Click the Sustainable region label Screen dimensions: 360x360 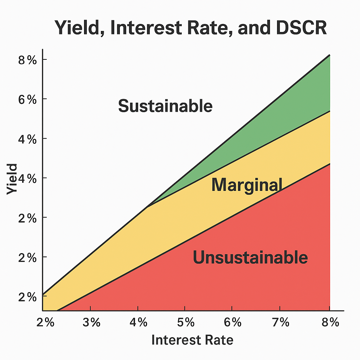coord(165,106)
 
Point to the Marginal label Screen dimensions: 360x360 coord(247,185)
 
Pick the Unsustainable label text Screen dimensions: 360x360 coord(250,258)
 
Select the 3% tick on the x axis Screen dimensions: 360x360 coord(91,322)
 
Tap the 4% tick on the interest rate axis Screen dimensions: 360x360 coord(138,322)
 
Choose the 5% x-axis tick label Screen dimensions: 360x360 coord(185,322)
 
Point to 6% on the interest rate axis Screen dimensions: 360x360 coord(232,322)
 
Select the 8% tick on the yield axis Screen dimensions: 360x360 coord(27,60)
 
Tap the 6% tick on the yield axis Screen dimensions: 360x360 coord(27,99)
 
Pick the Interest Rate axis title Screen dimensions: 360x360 coord(192,340)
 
